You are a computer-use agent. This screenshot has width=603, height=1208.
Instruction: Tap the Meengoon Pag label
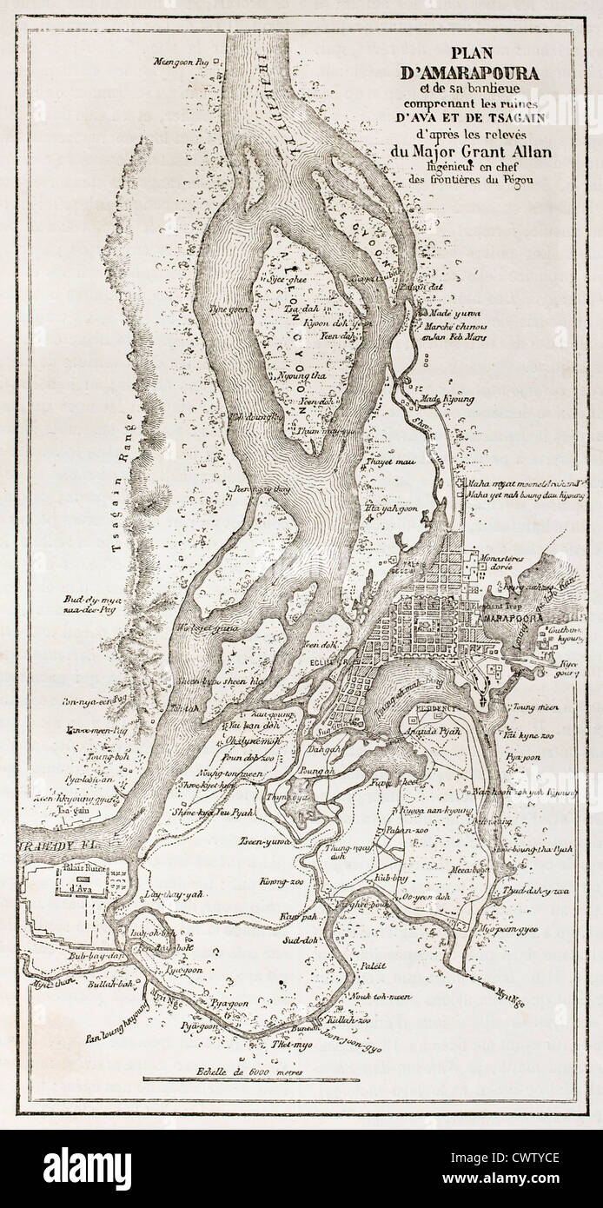[x=182, y=62]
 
